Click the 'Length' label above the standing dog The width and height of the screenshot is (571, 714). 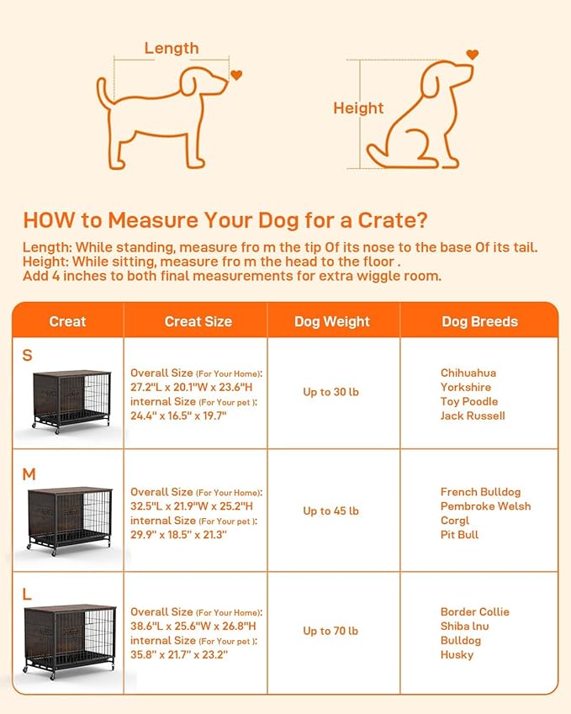(x=172, y=48)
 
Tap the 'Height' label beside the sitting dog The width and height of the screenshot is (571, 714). (x=358, y=108)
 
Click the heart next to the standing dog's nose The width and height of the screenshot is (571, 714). (x=236, y=76)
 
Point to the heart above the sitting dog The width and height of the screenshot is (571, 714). (x=472, y=55)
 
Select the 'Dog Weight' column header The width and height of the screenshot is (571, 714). (x=332, y=321)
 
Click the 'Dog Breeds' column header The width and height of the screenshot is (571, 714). (x=479, y=321)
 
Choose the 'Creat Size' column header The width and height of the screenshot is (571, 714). (x=198, y=321)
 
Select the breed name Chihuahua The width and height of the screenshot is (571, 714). (x=468, y=373)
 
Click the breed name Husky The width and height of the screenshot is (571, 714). (x=457, y=654)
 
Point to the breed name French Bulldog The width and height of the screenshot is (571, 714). (x=480, y=492)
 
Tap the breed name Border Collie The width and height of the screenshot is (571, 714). (x=475, y=611)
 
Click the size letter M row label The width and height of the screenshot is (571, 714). (x=29, y=474)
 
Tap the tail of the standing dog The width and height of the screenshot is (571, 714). (x=103, y=93)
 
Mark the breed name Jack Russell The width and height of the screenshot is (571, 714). (x=473, y=415)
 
